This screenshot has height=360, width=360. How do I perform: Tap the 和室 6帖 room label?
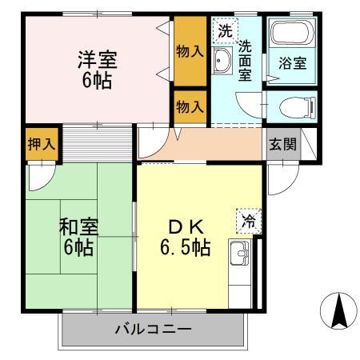(x=78, y=237)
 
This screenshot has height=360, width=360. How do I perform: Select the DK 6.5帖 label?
(x=183, y=237)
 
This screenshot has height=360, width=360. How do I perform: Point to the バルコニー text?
(x=151, y=329)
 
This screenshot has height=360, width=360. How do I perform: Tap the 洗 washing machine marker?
(x=225, y=32)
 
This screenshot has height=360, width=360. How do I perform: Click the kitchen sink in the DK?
(x=241, y=255)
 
